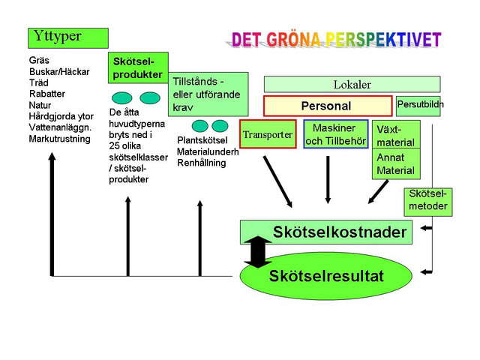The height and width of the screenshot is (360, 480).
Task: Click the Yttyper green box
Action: (x=68, y=38)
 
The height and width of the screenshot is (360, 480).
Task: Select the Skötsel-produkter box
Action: (x=138, y=67)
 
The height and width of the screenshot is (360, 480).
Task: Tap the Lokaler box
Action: (x=352, y=84)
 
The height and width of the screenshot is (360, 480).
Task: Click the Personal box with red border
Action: (x=328, y=106)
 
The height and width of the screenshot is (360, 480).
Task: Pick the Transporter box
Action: (x=268, y=134)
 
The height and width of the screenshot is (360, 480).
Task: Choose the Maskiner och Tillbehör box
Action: (x=336, y=134)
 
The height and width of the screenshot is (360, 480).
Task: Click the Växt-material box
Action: (x=396, y=134)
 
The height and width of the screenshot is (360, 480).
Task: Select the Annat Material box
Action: (x=396, y=163)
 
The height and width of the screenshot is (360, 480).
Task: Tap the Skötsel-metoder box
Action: (x=428, y=202)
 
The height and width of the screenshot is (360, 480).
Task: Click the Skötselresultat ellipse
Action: (x=326, y=276)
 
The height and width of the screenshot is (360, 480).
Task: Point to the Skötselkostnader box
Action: (x=326, y=232)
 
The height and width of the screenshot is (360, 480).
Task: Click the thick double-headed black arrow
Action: (x=258, y=252)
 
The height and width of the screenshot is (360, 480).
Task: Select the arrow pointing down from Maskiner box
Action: (x=328, y=180)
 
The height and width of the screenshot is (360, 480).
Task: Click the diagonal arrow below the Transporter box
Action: (x=277, y=181)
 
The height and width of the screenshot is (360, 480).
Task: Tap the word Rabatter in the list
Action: (x=47, y=94)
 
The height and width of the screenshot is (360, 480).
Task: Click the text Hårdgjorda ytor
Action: (x=61, y=116)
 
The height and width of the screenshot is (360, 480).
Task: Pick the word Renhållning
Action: (x=202, y=163)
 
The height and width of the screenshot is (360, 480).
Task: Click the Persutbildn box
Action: (x=418, y=106)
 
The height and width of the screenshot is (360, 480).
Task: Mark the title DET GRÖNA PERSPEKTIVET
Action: (x=336, y=40)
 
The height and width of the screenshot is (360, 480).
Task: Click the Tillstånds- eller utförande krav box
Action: (x=208, y=94)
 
